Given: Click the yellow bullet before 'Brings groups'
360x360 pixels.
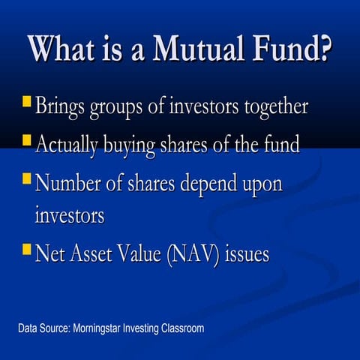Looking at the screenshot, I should (x=25, y=100).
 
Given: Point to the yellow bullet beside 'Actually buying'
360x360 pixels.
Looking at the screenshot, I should (x=25, y=139).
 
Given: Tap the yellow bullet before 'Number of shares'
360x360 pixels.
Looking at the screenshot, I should (x=25, y=179).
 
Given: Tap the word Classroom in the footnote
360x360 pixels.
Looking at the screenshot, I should (x=180, y=328).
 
